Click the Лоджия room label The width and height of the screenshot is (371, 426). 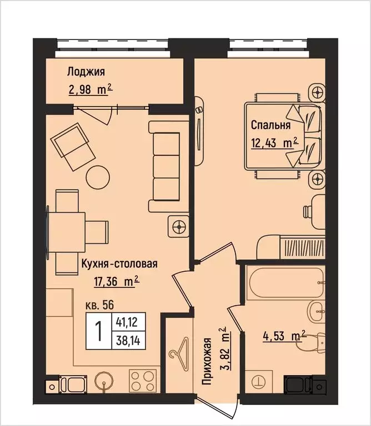(86, 72)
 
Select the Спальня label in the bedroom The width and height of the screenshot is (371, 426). (270, 124)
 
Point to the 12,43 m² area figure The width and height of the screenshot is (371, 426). (274, 143)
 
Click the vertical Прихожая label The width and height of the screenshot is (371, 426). (208, 361)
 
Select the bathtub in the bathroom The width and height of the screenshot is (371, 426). (286, 283)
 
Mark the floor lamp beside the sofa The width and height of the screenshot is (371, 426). (179, 226)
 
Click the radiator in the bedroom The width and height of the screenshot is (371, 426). (303, 245)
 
